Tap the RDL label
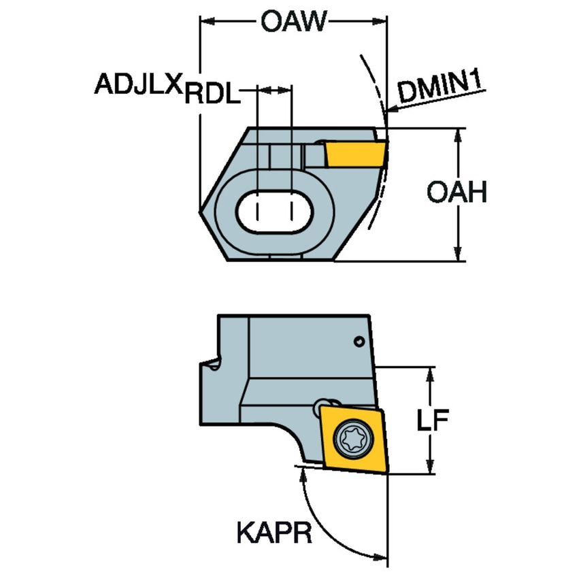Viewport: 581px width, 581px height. click(212, 93)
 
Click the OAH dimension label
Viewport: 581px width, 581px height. click(456, 193)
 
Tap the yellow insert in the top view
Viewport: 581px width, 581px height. click(354, 152)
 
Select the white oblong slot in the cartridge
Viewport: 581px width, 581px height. click(273, 212)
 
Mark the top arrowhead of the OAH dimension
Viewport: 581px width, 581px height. click(459, 134)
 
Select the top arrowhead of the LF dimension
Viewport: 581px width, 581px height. click(431, 373)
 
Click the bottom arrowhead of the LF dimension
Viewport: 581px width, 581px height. click(431, 467)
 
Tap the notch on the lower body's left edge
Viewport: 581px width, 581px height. click(212, 364)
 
